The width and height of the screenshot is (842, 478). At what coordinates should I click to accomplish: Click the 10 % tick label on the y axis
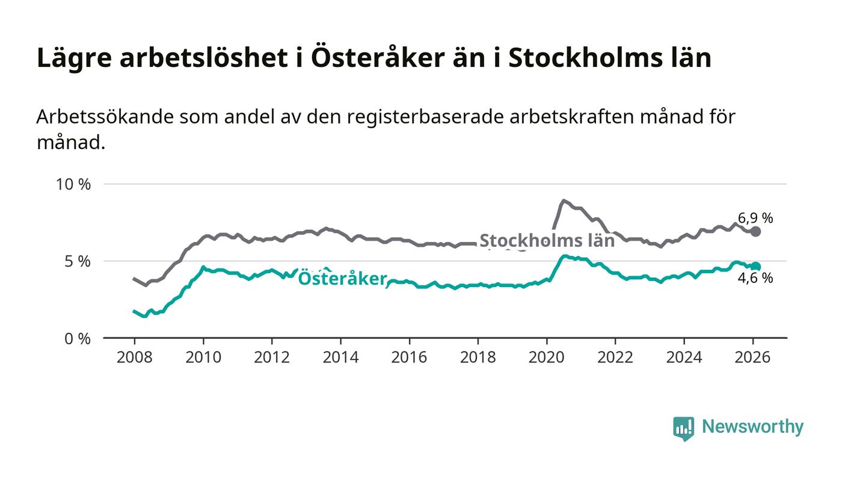(x=73, y=184)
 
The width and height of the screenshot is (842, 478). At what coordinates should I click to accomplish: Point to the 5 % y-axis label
(x=77, y=261)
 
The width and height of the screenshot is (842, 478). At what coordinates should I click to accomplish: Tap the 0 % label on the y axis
(x=77, y=339)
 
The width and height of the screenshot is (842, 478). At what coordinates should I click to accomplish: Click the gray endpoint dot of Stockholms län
(x=756, y=232)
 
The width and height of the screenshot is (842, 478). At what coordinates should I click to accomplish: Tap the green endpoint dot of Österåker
(x=756, y=267)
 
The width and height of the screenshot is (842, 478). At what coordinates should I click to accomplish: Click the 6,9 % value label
(x=755, y=218)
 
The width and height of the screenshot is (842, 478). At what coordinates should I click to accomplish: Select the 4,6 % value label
(x=755, y=278)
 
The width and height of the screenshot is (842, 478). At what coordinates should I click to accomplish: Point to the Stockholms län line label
(x=547, y=241)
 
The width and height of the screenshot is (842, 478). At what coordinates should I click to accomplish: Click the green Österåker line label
(x=342, y=279)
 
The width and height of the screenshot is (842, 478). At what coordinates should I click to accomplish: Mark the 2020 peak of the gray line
(x=563, y=200)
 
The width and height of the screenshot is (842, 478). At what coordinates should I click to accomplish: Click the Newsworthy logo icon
(x=683, y=428)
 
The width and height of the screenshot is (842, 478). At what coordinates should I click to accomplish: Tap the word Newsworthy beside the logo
(x=752, y=427)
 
